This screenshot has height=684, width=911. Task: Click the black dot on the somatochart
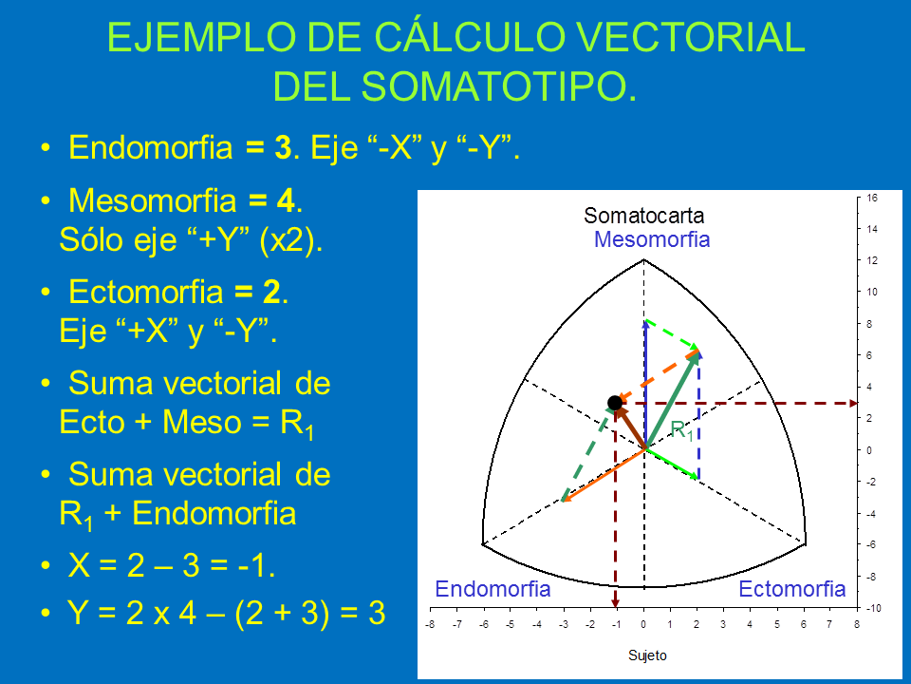click(x=615, y=403)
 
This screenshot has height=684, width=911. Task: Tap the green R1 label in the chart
click(x=682, y=430)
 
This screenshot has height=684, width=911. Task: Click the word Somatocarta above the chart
click(x=643, y=216)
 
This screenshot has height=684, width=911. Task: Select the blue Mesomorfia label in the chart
click(x=652, y=239)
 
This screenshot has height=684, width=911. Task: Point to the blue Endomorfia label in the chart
click(x=493, y=589)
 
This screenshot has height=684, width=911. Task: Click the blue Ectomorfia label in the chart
click(x=791, y=589)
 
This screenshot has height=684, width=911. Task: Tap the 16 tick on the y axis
click(x=872, y=198)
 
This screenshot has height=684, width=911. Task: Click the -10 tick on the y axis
click(x=873, y=608)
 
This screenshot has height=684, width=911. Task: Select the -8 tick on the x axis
click(x=430, y=625)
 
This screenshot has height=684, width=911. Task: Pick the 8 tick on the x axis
click(x=856, y=625)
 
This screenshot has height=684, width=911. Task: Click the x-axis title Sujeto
click(x=647, y=655)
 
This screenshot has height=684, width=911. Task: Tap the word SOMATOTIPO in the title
click(x=495, y=87)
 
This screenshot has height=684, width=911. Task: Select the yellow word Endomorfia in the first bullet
click(x=151, y=147)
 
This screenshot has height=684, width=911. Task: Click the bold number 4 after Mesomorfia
click(x=286, y=200)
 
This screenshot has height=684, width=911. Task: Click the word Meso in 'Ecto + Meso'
click(x=201, y=422)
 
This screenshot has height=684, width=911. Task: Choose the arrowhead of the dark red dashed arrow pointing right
click(x=853, y=403)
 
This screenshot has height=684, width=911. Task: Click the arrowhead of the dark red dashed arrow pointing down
click(x=615, y=604)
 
